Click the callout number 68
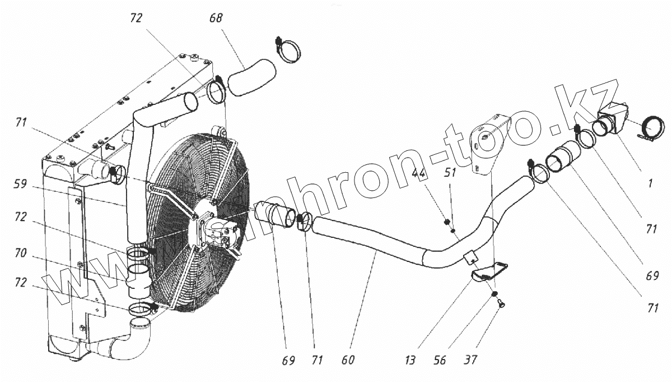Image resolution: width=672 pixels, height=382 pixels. (x=216, y=19)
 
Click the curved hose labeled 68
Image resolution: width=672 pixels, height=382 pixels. (x=252, y=79)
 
